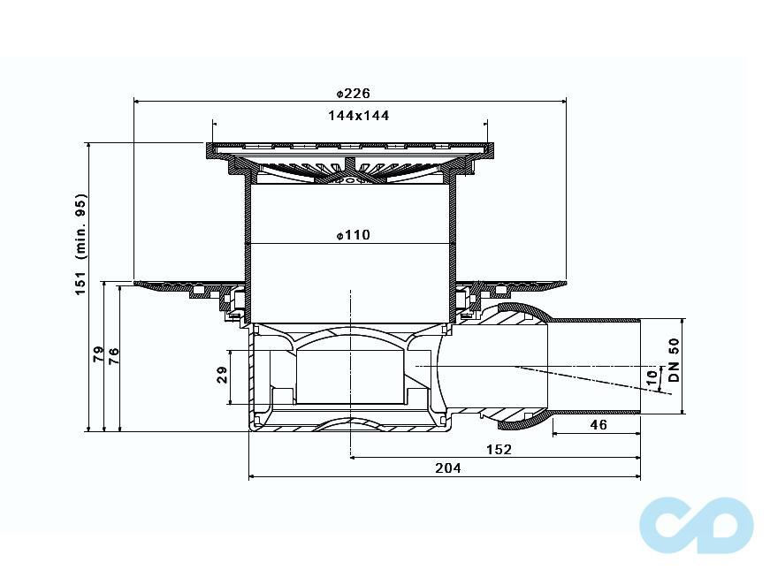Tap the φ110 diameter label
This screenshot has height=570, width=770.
click(353, 235)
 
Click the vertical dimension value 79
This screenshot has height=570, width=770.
click(98, 356)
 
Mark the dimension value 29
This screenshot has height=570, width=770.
click(222, 376)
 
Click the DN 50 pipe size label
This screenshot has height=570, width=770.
click(674, 361)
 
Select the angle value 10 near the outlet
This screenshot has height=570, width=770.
click(652, 376)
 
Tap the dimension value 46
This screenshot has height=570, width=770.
click(598, 425)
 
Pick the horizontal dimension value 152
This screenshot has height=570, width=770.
click(499, 449)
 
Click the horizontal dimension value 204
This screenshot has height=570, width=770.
click(448, 468)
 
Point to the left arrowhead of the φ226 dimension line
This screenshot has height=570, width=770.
click(136, 101)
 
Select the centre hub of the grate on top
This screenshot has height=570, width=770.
click(351, 168)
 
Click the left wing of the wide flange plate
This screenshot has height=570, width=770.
click(177, 286)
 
